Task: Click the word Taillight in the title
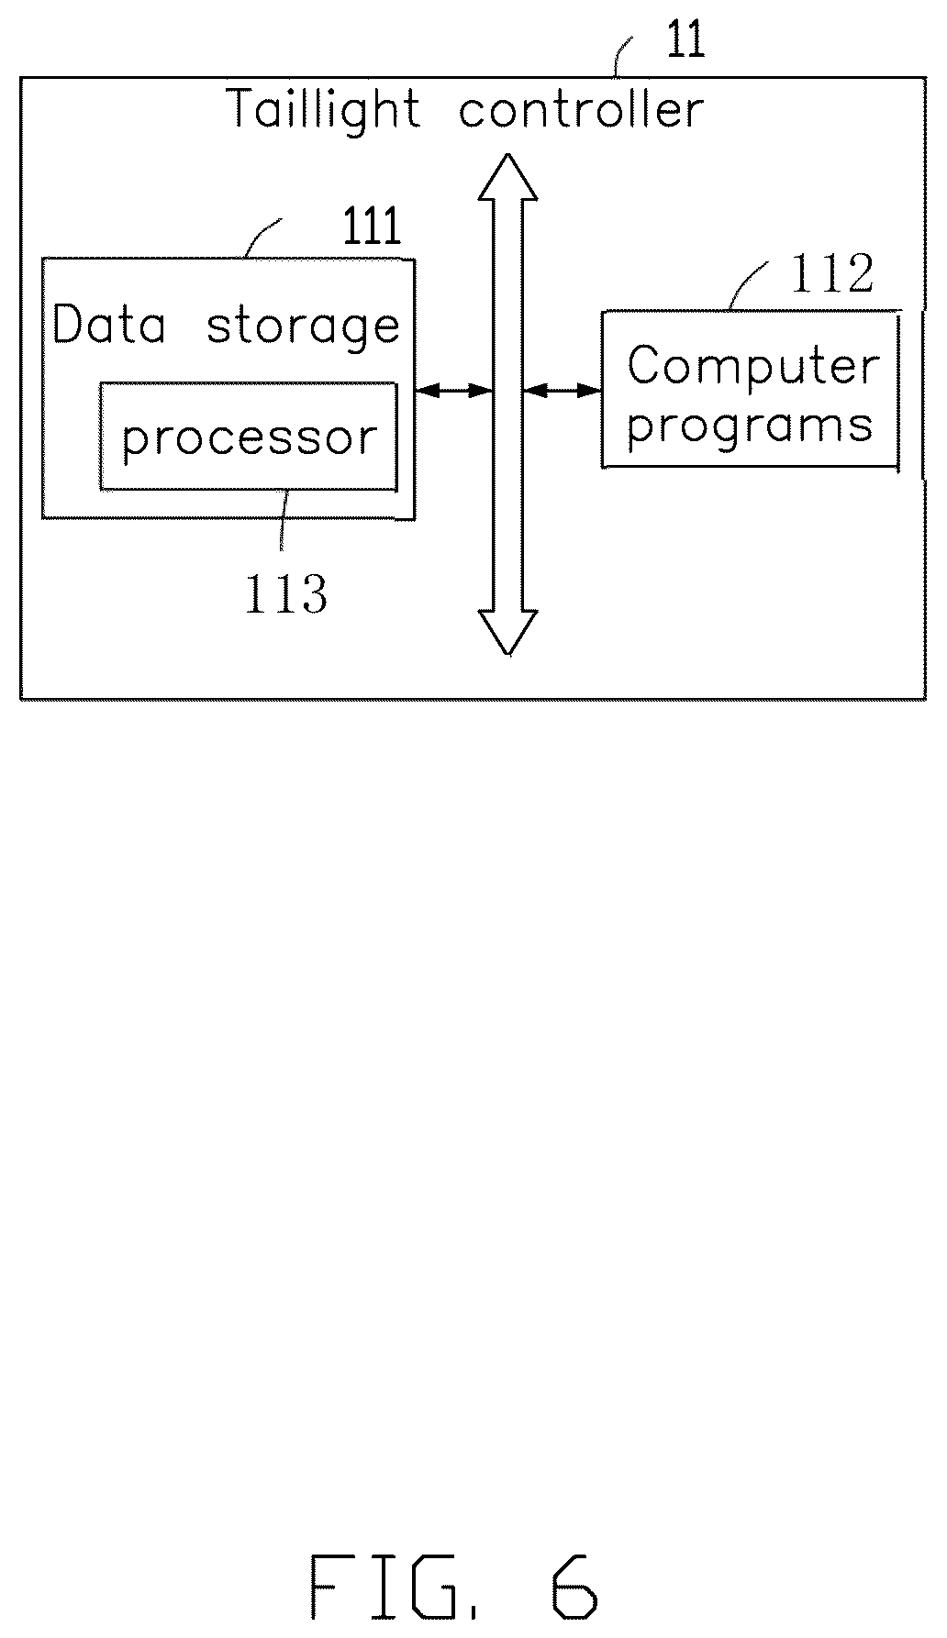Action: [x=324, y=110]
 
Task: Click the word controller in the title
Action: [x=581, y=109]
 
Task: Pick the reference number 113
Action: [x=285, y=593]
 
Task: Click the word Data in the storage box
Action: [x=109, y=325]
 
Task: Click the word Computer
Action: [x=753, y=367]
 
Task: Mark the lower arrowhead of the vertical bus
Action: [x=507, y=633]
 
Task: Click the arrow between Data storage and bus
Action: [x=454, y=391]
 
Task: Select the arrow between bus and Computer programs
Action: [x=563, y=391]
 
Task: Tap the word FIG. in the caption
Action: [x=396, y=1586]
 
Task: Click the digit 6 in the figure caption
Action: [x=574, y=1586]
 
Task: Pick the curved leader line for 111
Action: [x=263, y=236]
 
